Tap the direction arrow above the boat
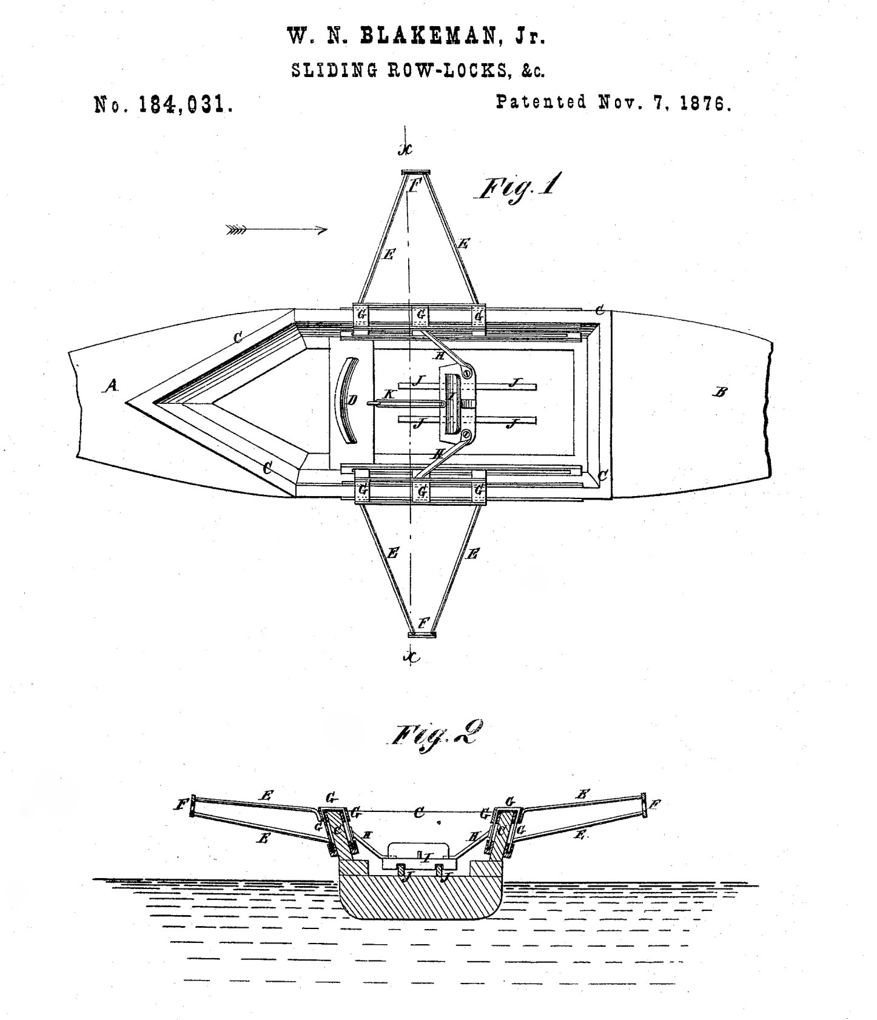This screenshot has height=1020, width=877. click(x=277, y=230)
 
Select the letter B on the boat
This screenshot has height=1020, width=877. click(x=721, y=392)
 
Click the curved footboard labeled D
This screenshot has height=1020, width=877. click(x=346, y=400)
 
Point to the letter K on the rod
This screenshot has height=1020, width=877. click(x=389, y=394)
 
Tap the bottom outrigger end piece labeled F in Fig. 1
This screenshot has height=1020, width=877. click(x=422, y=634)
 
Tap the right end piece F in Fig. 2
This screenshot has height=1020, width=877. click(x=645, y=804)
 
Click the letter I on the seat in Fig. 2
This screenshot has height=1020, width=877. click(x=427, y=857)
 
